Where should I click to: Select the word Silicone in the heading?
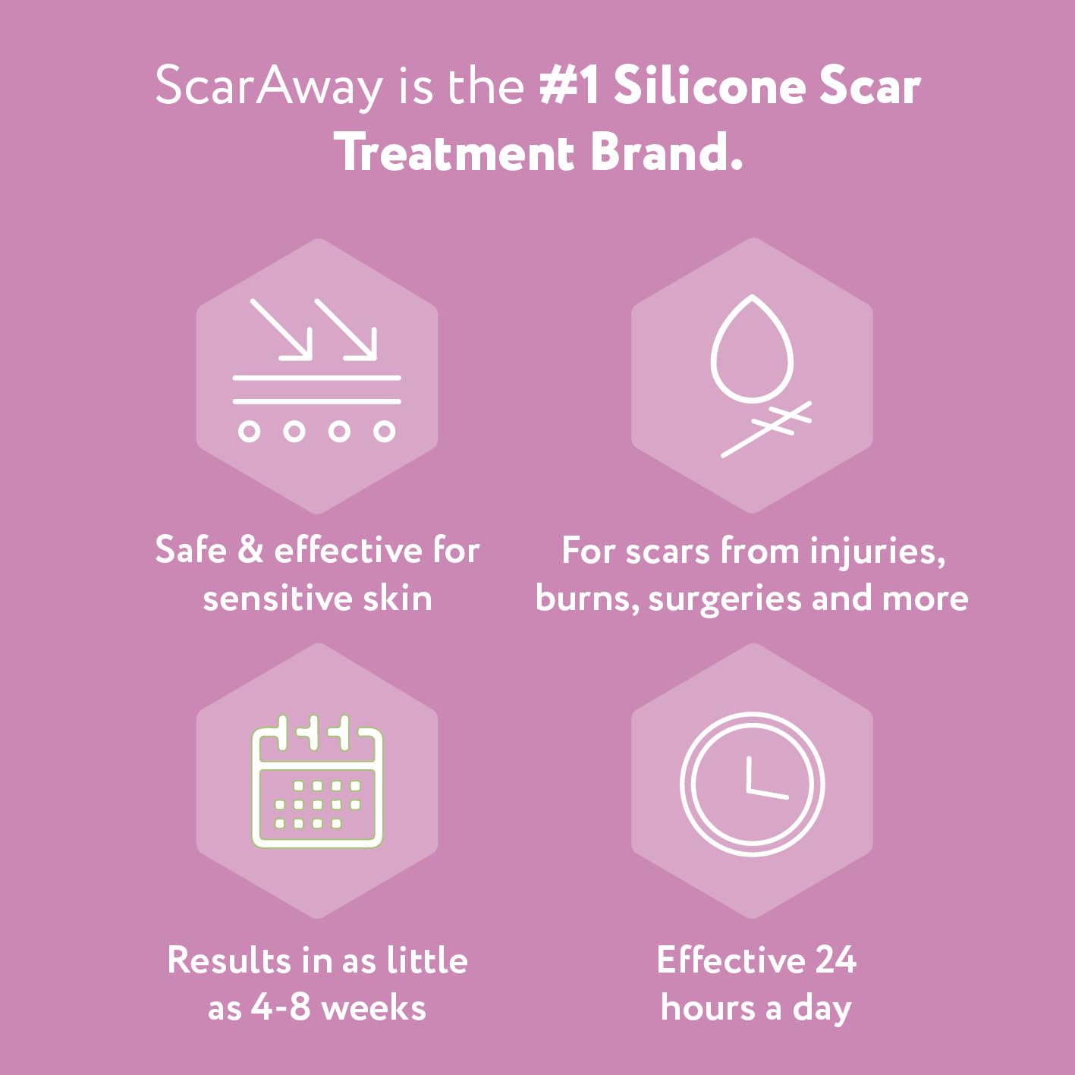709,86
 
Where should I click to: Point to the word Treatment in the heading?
454,152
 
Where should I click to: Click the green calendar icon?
317,781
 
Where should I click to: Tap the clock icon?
752,784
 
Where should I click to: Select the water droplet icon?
752,349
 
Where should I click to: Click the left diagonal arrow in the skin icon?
281,328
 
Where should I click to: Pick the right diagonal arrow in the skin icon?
346,328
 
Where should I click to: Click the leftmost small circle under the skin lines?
249,432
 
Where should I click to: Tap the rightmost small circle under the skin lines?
385,432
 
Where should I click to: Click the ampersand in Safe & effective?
250,549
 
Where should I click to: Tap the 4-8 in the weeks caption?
281,1007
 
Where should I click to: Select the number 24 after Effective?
836,960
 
